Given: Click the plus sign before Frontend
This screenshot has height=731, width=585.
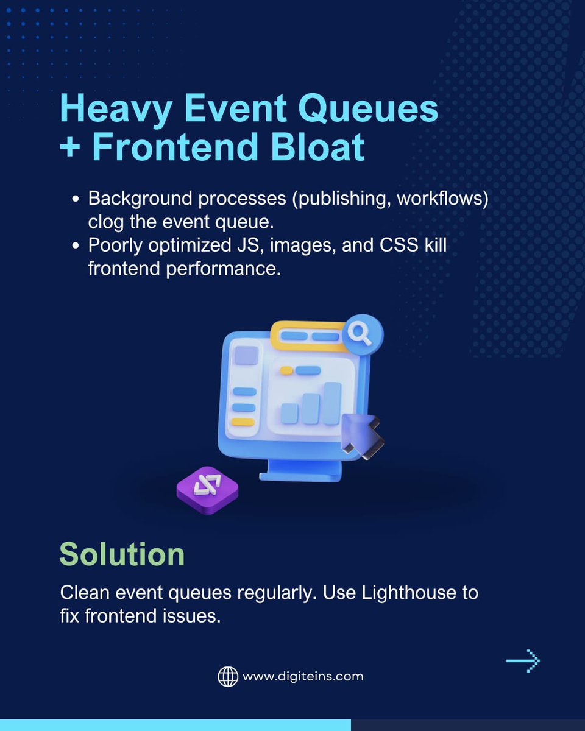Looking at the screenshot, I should [70, 148].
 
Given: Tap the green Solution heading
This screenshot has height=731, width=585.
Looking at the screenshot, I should [122, 554].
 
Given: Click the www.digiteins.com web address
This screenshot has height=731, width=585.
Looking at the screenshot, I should [303, 676].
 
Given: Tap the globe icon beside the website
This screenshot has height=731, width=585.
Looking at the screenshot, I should [227, 676].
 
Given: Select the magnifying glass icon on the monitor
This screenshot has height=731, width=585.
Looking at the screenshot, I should [362, 333].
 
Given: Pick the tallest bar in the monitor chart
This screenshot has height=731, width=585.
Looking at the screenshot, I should [331, 403].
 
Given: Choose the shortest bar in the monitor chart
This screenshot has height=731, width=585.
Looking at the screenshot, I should [289, 413].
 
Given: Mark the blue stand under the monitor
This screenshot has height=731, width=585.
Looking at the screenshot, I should [299, 470].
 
